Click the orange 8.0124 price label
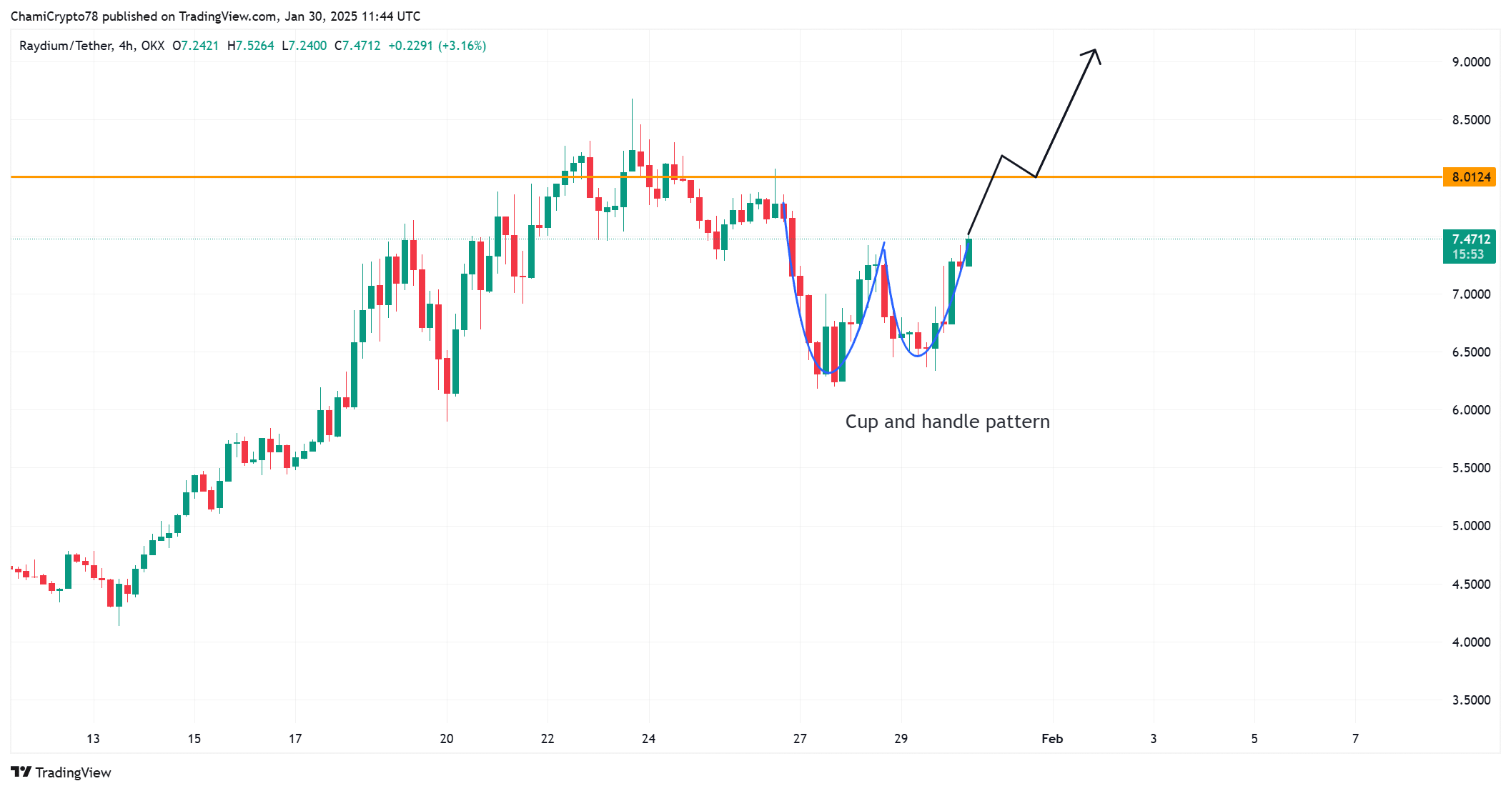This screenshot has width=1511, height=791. coord(1470,177)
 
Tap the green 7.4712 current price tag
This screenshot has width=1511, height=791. coord(1470,247)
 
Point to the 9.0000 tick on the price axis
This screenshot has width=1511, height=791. coord(1471,62)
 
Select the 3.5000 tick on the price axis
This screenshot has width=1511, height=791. coord(1471,700)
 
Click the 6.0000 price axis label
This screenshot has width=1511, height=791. coord(1471,410)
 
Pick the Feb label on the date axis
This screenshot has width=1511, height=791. coord(1052,739)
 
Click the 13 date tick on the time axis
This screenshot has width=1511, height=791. coord(93,739)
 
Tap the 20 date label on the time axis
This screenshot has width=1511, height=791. coord(447,739)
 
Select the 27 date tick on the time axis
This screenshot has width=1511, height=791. coord(800,739)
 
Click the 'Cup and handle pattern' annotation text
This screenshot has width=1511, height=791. coord(947,422)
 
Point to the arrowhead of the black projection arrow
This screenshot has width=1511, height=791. coord(1094,51)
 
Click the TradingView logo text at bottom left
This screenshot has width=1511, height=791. coord(72,772)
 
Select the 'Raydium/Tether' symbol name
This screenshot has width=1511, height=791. coord(66,46)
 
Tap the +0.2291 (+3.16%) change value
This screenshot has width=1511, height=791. coord(437,46)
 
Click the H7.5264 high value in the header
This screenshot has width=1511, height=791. coord(250,46)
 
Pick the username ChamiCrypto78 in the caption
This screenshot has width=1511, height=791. coord(54,16)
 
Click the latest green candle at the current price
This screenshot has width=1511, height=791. coord(968,252)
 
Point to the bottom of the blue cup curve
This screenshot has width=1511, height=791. coord(828,373)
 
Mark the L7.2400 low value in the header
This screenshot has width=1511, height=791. coord(304,46)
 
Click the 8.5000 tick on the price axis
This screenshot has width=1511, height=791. coord(1471,120)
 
